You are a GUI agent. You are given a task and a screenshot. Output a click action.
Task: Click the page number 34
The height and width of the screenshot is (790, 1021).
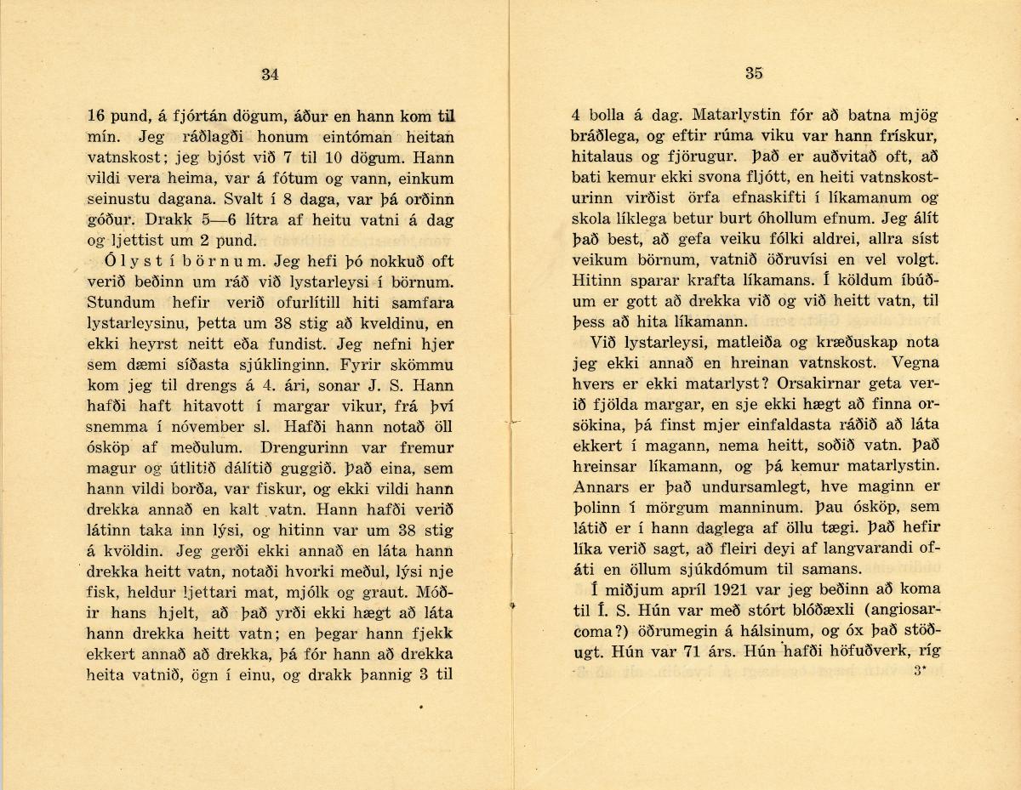click(x=270, y=74)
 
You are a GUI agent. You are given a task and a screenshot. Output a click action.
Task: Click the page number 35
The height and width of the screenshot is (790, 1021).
click(x=754, y=73)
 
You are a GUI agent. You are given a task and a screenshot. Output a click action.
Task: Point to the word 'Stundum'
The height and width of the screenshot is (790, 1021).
click(x=121, y=301)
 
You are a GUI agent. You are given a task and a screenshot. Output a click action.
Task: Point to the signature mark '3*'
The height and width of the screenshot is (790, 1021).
click(x=918, y=671)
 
